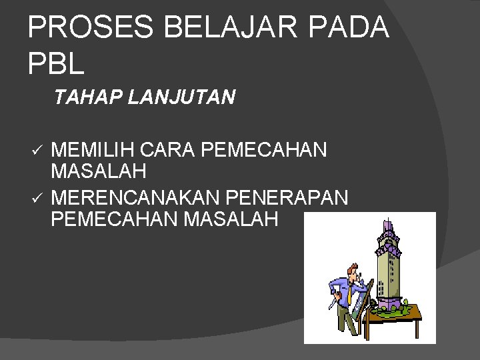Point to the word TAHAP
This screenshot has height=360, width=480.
pos(84,99)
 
